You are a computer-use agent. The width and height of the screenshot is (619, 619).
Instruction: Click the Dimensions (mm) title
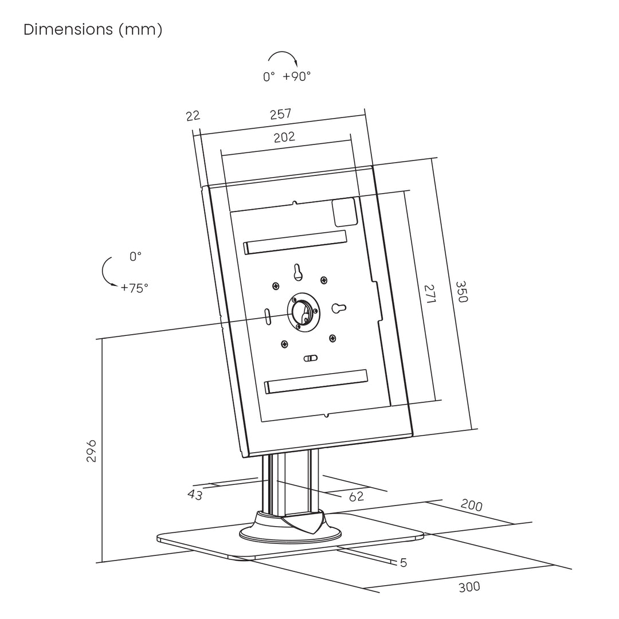93,30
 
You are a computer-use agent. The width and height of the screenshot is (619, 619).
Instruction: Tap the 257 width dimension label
281,114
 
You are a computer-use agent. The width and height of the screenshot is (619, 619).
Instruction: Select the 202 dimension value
284,137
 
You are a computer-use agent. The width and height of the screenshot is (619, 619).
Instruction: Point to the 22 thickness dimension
193,116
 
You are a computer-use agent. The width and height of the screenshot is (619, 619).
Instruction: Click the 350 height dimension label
461,292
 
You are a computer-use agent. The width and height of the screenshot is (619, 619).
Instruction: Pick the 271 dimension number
429,294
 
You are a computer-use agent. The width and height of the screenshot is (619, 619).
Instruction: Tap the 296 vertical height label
91,450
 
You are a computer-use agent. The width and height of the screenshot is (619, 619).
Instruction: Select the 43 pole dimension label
195,494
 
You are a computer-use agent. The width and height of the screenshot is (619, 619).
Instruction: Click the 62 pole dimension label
356,496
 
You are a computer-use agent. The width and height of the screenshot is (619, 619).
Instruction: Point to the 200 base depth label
471,506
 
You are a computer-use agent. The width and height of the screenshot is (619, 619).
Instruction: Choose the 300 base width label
469,587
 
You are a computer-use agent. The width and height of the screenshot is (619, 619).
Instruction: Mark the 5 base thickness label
403,563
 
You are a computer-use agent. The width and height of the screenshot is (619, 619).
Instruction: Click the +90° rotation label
297,76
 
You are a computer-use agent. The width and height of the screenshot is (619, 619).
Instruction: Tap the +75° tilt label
134,288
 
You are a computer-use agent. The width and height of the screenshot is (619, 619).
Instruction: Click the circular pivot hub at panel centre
303,312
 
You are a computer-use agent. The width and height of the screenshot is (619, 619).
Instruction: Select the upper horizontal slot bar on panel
295,242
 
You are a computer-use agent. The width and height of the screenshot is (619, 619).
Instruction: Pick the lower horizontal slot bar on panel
316,382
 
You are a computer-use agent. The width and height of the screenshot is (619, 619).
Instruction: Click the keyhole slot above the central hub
297,272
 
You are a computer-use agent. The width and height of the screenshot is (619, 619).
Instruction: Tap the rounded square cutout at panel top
345,213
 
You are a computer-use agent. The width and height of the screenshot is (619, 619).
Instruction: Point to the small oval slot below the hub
310,358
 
